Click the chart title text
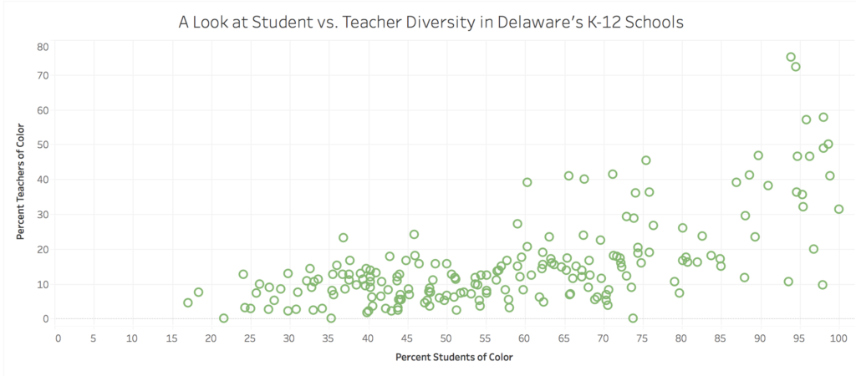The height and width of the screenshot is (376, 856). (x=431, y=22)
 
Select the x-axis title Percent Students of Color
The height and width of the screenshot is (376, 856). (x=455, y=357)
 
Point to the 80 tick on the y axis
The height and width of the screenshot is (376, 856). (x=42, y=47)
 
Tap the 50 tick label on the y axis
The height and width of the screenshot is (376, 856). (x=42, y=145)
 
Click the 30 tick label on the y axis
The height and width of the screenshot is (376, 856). (x=42, y=214)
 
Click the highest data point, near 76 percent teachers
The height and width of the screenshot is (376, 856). (x=791, y=57)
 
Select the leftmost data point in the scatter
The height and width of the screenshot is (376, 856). (x=188, y=302)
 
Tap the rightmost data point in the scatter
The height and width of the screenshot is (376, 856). (x=838, y=209)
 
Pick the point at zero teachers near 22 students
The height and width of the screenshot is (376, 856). (x=223, y=318)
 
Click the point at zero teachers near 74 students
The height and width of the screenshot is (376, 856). (x=633, y=318)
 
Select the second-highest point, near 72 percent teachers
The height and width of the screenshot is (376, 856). (x=796, y=67)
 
